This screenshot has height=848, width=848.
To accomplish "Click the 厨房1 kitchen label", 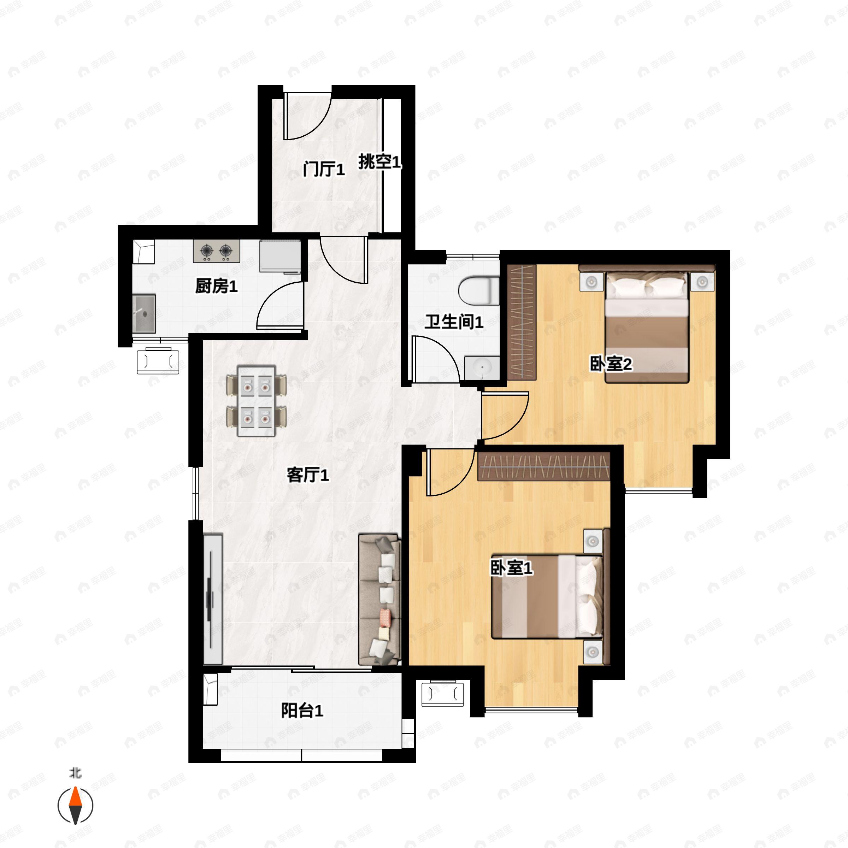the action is coord(216,287).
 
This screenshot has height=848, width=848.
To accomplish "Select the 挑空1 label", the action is coord(380,162).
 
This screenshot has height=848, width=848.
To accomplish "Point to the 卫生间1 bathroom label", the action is coord(454,322).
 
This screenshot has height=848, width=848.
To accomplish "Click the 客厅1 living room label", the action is coord(308,475).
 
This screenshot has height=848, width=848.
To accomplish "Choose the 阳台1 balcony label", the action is coord(302,711).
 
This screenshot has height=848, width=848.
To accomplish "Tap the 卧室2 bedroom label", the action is coord(611,364).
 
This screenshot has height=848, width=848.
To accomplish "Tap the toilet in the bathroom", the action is coord(479,290).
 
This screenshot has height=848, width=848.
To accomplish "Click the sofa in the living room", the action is coord(380,600).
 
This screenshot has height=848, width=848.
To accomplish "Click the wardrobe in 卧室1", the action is coord(544,466).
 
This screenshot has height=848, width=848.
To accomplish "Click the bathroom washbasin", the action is coord(482,367).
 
